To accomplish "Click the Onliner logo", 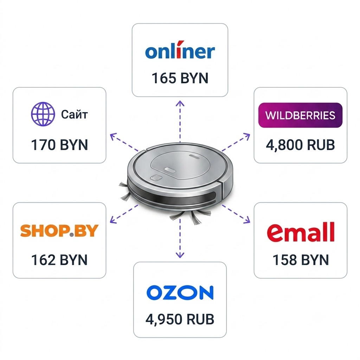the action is point(180,50).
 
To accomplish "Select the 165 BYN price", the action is point(180,78).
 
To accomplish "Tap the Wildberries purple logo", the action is point(300,115).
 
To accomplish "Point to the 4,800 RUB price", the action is point(300,145).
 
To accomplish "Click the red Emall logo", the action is point(301,232).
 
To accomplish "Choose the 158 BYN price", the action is point(301,260).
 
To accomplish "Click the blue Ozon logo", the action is point(180,292).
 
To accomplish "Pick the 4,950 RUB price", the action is point(180,319).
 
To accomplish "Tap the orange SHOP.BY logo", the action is point(59,231).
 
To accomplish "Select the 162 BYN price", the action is point(59,260).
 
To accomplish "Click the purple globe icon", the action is point(43,114).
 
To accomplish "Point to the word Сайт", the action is point(75,114).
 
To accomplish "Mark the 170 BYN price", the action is point(59,145).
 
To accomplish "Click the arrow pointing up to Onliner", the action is point(180,122).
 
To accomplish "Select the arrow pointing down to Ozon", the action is point(180,238).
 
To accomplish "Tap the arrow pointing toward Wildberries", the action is point(236,142).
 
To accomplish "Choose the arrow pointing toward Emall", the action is point(236,214).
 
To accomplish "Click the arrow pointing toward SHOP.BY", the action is point(124,214).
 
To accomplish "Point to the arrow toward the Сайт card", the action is point(124,142).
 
